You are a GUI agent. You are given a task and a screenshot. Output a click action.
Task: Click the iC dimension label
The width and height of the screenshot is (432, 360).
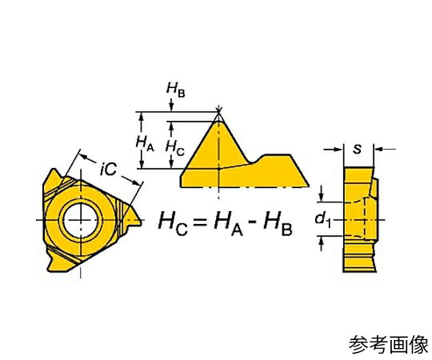108,169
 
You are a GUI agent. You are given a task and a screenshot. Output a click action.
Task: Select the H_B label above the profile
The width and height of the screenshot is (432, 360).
175,90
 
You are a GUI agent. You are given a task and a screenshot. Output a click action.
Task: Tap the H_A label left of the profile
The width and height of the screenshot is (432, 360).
145,144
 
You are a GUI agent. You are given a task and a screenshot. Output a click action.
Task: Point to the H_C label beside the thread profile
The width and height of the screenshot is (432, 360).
174,148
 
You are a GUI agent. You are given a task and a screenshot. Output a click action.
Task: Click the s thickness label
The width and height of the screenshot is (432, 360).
358,149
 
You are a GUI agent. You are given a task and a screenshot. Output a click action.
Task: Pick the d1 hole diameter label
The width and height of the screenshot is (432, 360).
323,219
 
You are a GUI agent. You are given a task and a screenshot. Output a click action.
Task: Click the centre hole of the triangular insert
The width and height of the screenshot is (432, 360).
81,220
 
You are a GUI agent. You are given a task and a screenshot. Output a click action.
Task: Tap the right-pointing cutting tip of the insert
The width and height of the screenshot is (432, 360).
142,220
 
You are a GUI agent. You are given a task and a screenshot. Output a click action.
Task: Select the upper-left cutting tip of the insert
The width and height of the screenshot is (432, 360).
52,169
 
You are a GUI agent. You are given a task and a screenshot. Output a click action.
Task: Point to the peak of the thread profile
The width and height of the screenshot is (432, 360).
218,121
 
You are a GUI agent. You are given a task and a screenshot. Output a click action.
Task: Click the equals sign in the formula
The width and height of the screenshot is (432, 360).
199,221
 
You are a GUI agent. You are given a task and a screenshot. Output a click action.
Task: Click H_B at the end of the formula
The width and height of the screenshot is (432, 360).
278,222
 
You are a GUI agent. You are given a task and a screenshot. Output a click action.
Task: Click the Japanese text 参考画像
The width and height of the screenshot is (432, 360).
389,345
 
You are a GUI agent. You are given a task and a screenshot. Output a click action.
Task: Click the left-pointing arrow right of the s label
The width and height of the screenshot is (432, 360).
385,150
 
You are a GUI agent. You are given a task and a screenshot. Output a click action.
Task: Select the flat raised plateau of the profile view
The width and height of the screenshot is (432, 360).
277,155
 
